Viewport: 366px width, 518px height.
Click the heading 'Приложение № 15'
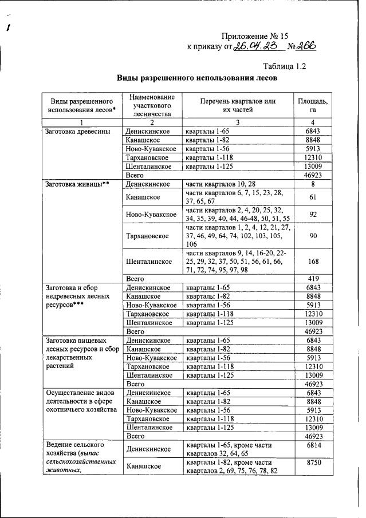pos(258,36)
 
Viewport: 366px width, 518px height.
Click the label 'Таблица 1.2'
pos(284,66)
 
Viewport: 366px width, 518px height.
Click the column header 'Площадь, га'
pos(312,106)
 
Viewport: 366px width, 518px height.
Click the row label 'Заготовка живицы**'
pos(77,184)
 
